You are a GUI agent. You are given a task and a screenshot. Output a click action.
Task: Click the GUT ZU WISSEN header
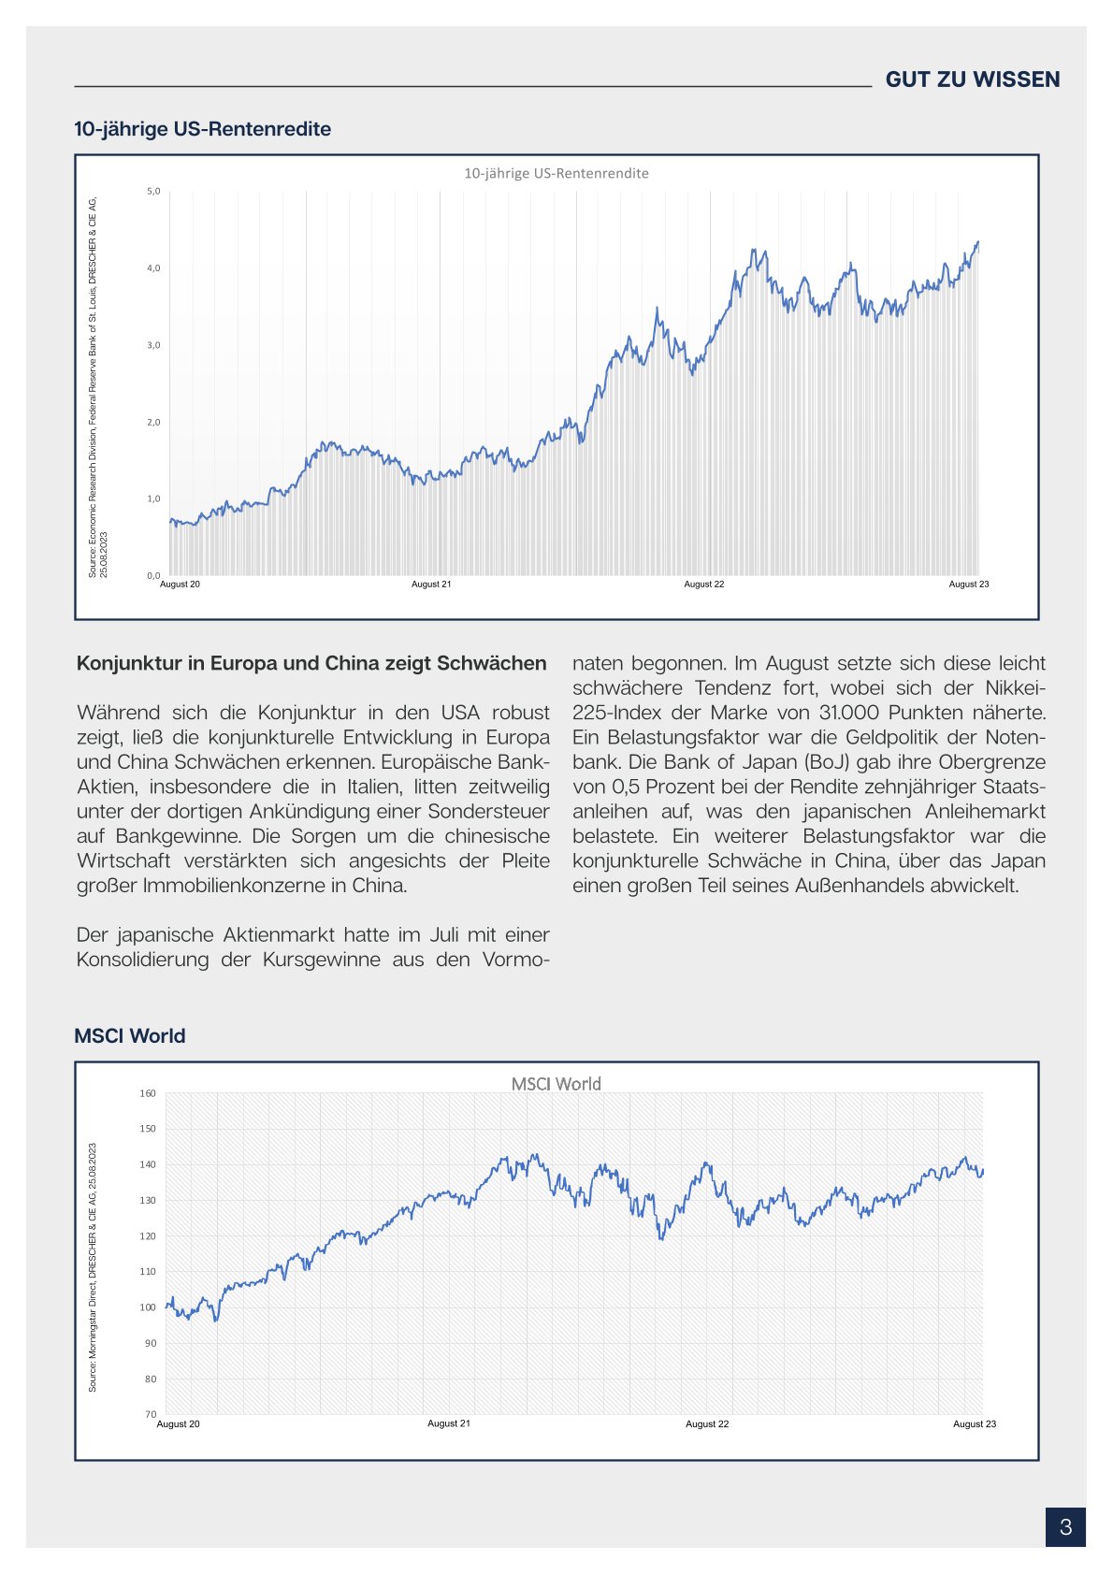(x=972, y=79)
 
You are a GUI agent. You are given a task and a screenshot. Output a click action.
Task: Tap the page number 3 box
(x=1065, y=1527)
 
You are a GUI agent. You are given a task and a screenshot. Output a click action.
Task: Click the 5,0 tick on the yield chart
(x=153, y=192)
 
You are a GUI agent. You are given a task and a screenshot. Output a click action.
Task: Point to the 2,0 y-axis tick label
(x=153, y=423)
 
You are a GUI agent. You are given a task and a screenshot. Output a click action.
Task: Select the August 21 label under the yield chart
(x=431, y=585)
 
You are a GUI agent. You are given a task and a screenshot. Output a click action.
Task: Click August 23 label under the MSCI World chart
(x=974, y=1424)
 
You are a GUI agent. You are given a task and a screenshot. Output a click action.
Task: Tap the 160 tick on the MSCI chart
(x=148, y=1093)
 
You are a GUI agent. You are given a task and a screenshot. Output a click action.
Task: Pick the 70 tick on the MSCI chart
(x=151, y=1414)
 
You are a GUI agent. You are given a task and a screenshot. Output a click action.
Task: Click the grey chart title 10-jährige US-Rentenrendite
(x=556, y=174)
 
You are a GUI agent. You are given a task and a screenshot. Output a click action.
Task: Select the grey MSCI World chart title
(x=556, y=1084)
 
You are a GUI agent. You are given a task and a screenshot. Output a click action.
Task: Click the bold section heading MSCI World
(x=130, y=1036)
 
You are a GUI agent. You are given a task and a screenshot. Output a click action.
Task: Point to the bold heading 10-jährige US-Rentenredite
(x=202, y=129)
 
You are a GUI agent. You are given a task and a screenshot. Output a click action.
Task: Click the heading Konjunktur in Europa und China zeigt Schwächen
(x=311, y=664)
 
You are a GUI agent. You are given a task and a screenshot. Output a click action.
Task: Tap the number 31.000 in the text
(x=850, y=713)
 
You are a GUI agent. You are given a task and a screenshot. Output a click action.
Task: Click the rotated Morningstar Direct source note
(x=93, y=1267)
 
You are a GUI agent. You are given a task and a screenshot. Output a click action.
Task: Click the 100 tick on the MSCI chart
(x=148, y=1307)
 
